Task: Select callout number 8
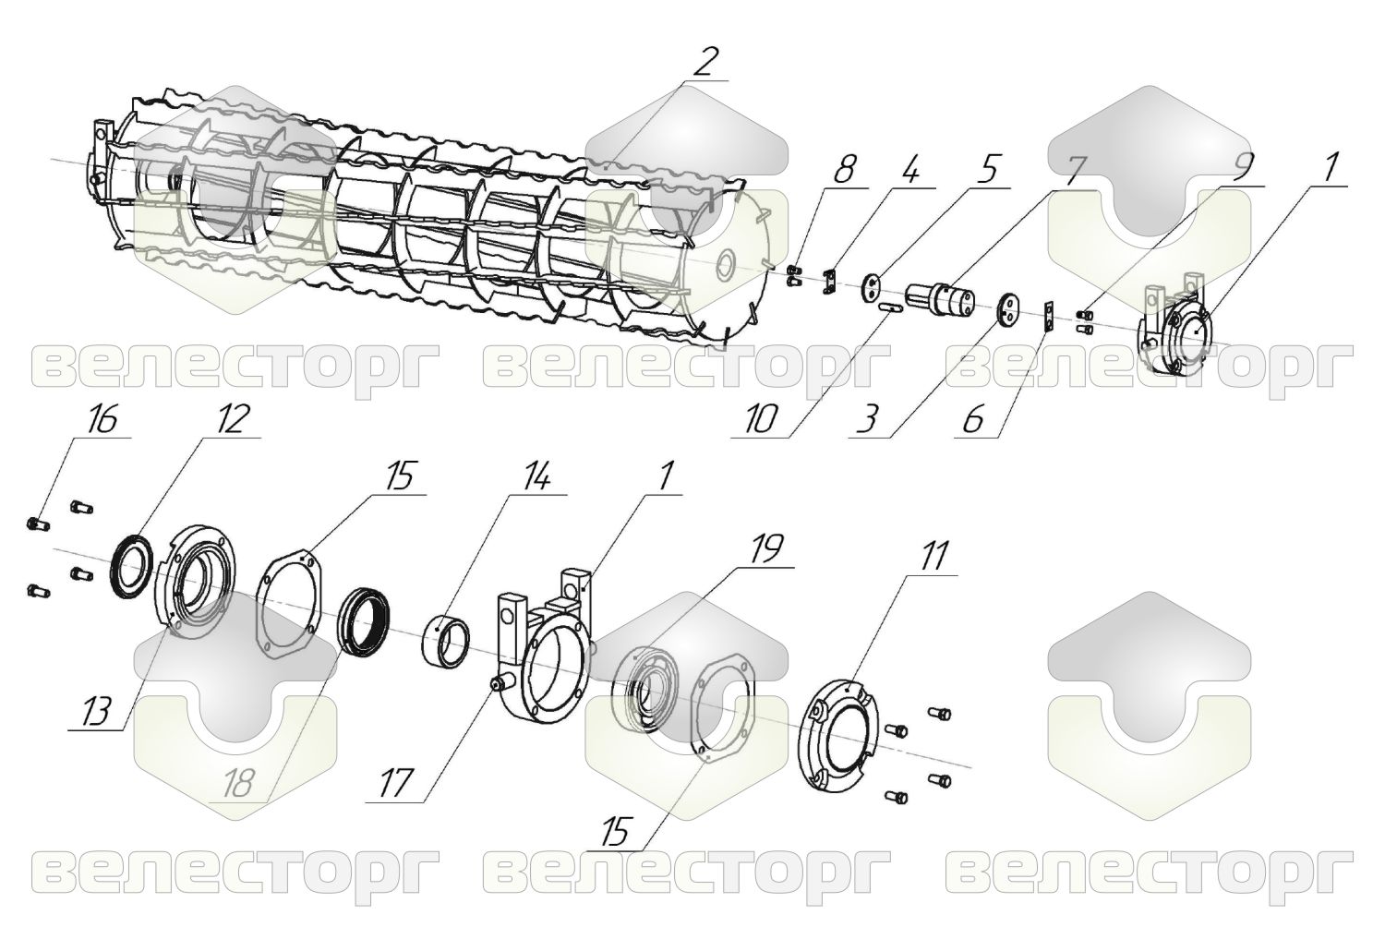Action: pyautogui.click(x=845, y=169)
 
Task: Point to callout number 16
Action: pyautogui.click(x=102, y=421)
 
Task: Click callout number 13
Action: pyautogui.click(x=96, y=712)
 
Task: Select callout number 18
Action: pyautogui.click(x=236, y=784)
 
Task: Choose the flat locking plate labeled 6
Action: pyautogui.click(x=1050, y=316)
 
